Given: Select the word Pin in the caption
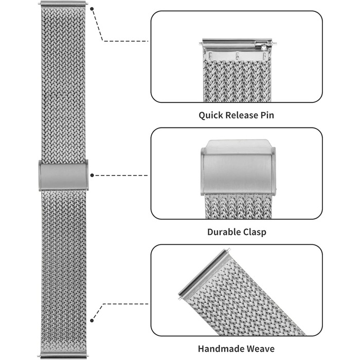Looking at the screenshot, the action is click(x=267, y=115).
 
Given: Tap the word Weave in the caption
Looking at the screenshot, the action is click(x=259, y=349).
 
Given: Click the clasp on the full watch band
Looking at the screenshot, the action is click(x=64, y=175).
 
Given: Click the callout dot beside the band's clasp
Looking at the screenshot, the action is click(x=92, y=175).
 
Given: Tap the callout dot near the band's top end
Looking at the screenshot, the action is click(x=92, y=9).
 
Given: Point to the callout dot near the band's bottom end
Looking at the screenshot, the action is click(x=92, y=320).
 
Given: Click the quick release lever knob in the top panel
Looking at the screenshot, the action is click(x=263, y=47).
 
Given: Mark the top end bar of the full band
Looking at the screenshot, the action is click(x=63, y=3).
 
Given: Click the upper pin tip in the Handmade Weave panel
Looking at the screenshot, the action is click(x=228, y=249).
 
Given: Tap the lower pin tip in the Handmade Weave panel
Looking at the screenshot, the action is click(x=179, y=298).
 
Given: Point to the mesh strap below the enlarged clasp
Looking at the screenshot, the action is click(x=238, y=207).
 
